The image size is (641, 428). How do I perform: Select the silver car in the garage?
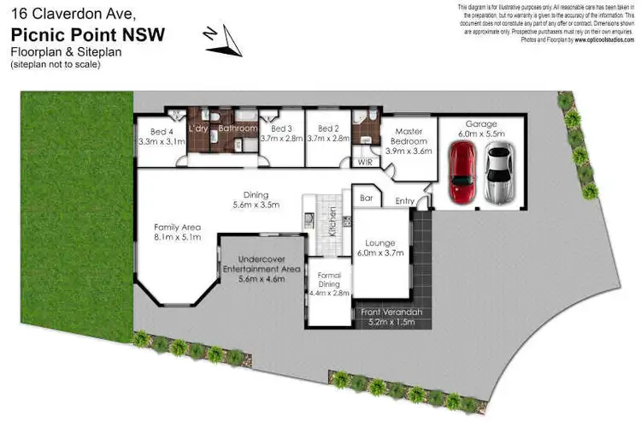coord(499,173)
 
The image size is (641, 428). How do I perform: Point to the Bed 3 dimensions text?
coord(281,138)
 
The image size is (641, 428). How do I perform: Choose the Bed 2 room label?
coord(328,128)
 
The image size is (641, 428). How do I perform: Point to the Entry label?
coord(405,201)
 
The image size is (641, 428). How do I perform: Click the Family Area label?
coord(177,232)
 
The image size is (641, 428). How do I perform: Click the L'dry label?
coord(198,128)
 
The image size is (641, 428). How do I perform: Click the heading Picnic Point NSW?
coord(87,34)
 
